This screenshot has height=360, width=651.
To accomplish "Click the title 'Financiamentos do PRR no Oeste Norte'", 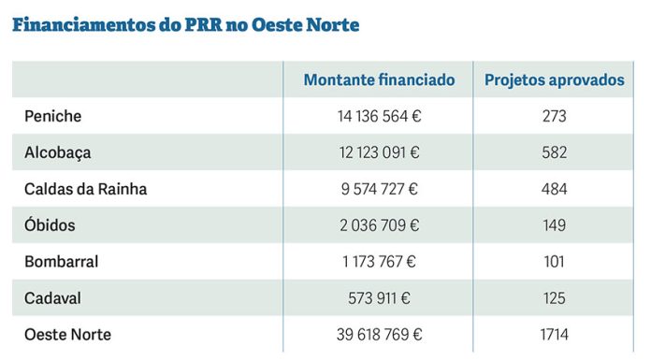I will [186, 24].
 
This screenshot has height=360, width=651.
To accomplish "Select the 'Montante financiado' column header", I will [379, 80].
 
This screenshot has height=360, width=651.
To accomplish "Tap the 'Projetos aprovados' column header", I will [554, 80].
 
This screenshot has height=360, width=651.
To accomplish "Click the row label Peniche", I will [53, 116].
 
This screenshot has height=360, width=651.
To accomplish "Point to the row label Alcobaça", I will [58, 152].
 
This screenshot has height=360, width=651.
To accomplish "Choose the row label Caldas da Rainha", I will [86, 189].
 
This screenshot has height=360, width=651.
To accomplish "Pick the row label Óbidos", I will [51, 225].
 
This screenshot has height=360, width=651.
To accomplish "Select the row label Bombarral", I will [62, 262].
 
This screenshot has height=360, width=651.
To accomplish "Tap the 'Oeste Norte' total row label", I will [67, 334].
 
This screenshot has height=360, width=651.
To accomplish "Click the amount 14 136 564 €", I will [379, 116].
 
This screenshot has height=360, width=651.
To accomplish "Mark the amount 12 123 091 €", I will [379, 152].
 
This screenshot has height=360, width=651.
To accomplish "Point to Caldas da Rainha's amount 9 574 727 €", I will [379, 189].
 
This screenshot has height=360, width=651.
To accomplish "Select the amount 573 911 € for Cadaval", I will [379, 298].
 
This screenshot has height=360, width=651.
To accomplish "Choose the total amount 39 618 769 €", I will [379, 334].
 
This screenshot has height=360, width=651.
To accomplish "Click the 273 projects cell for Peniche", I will [554, 116].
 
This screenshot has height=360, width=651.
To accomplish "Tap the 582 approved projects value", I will [554, 152].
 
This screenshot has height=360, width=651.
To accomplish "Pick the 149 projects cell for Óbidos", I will [554, 225].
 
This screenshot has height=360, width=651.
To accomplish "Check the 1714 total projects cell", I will [554, 334].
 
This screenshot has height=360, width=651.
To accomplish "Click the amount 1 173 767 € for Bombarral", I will [379, 262].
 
